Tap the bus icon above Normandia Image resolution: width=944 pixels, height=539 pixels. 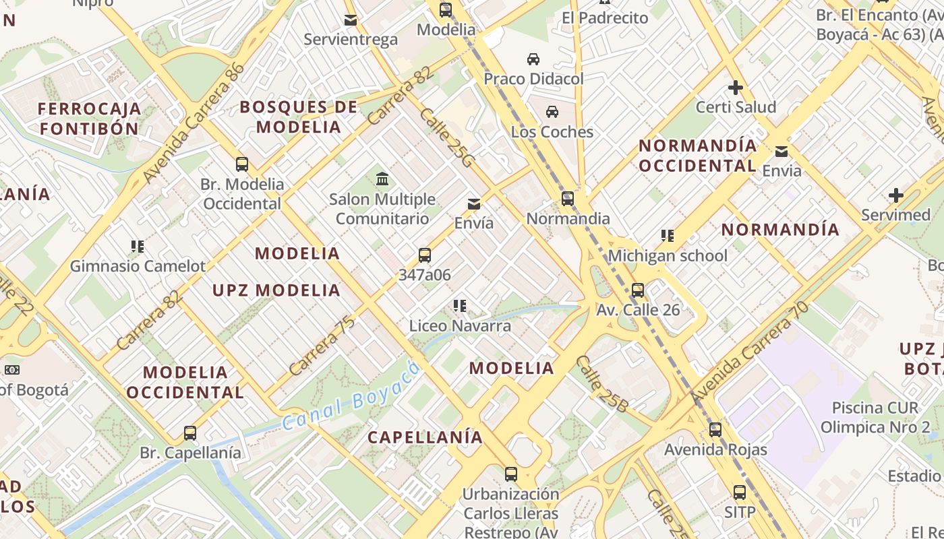[x=568, y=199]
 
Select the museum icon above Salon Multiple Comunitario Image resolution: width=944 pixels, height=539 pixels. [x=382, y=179]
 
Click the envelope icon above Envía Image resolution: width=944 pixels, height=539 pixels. [x=474, y=203]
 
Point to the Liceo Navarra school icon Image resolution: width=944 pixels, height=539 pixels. [x=460, y=307]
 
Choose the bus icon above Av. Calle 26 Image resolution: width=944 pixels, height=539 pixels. [x=637, y=290]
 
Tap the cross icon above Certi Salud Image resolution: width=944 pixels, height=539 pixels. [x=735, y=88]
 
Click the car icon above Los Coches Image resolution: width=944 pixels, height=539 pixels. [x=552, y=112]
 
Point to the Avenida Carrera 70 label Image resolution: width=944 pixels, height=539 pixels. [x=749, y=353]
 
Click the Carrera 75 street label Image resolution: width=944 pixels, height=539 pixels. [x=322, y=346]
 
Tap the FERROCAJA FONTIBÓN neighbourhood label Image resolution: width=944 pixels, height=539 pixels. [x=89, y=119]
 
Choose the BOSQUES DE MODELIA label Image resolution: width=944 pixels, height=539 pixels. [x=299, y=117]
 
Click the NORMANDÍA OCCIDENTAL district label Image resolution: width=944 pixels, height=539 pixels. [x=698, y=156]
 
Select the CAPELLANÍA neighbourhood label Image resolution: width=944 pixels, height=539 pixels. [x=425, y=437]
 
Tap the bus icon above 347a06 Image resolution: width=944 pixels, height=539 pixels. [x=424, y=255]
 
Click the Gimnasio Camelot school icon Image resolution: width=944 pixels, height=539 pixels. [x=138, y=247]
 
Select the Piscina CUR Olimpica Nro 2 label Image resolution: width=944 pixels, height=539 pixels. [x=875, y=417]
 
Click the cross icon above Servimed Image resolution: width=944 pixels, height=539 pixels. [x=895, y=196]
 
